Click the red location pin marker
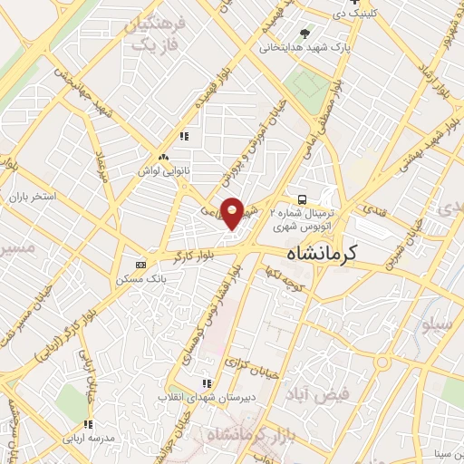[233, 214]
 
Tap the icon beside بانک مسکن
[140, 264]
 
